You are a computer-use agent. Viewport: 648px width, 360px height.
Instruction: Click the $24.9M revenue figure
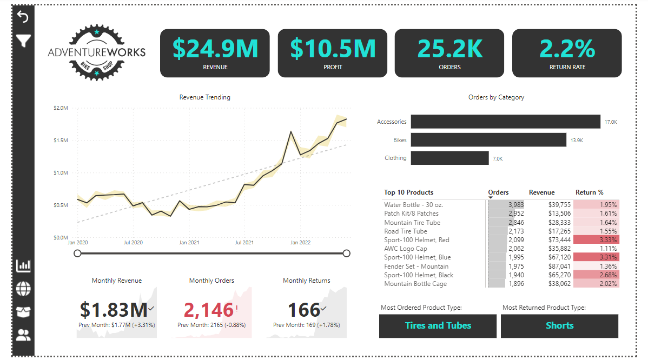tap(215, 49)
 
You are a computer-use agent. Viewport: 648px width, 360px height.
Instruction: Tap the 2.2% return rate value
tap(567, 49)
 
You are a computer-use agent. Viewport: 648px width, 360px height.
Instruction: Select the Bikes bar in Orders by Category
tap(488, 140)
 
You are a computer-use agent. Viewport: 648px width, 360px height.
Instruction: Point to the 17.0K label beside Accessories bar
tap(610, 122)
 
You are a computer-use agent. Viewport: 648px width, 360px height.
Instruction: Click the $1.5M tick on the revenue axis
tap(61, 141)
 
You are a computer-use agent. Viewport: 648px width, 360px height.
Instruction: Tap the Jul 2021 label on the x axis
tap(244, 243)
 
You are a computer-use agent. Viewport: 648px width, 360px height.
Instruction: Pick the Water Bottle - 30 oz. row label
tap(413, 205)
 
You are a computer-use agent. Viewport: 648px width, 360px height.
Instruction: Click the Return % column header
tap(589, 192)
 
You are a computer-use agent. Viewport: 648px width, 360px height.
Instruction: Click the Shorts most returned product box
tap(559, 325)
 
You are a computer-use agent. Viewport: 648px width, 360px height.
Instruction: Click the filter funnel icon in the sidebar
tap(23, 41)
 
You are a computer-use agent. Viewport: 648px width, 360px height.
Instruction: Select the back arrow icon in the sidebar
tap(23, 17)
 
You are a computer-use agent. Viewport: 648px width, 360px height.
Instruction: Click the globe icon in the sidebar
tap(23, 289)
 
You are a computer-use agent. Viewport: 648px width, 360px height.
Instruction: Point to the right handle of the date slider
tap(346, 253)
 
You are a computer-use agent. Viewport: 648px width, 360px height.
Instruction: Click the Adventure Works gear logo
tap(96, 52)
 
